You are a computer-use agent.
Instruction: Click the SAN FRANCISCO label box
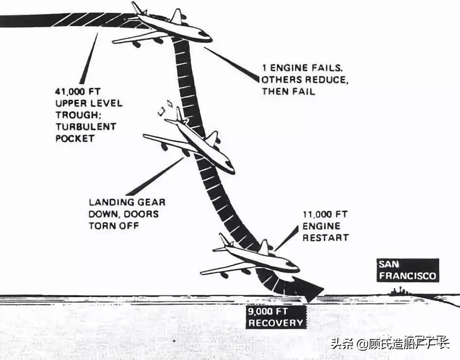click(408, 270)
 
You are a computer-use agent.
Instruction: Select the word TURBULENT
click(87, 126)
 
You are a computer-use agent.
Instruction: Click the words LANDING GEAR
click(127, 202)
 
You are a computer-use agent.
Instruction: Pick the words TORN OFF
click(113, 226)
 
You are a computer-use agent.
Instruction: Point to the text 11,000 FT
click(325, 215)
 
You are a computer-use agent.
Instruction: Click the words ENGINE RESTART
click(325, 232)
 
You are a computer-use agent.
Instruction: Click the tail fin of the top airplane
click(137, 8)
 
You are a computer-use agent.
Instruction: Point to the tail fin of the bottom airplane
click(224, 240)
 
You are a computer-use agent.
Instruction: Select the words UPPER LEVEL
click(89, 103)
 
